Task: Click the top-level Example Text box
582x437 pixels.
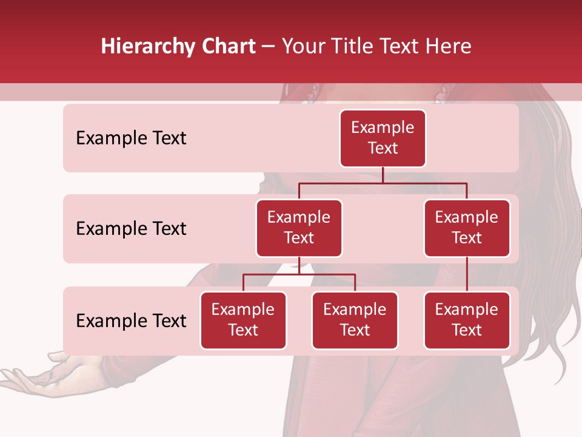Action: [383, 138]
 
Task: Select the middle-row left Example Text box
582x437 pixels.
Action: [299, 228]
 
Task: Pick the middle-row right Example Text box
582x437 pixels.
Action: [467, 228]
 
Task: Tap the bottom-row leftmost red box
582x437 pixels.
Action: [243, 320]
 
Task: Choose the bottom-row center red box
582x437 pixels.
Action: [355, 320]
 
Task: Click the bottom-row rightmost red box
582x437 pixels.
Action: [467, 320]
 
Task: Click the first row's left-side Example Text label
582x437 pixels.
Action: [131, 138]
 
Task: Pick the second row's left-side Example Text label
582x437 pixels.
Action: [131, 229]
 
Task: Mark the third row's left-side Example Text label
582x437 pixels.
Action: [131, 320]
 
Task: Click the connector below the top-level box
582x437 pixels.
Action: [383, 175]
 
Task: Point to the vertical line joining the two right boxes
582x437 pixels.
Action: [467, 274]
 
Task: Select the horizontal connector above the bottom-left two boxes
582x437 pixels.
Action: [299, 274]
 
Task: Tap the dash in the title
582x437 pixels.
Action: [268, 47]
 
